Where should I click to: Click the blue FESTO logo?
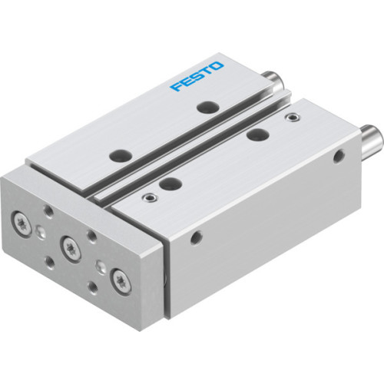[x=196, y=78]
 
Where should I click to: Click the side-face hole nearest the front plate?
[x=199, y=237]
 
